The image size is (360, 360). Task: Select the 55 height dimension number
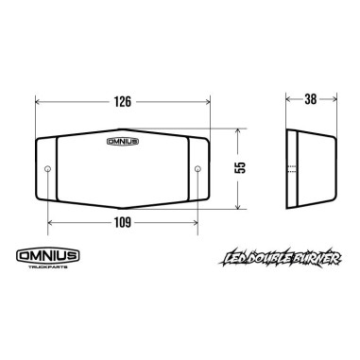pyautogui.click(x=241, y=167)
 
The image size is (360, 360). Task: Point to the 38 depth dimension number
pyautogui.click(x=311, y=99)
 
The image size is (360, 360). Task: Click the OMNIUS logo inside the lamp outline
pyautogui.click(x=122, y=142)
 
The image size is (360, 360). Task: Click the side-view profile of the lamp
pyautogui.click(x=310, y=168)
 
